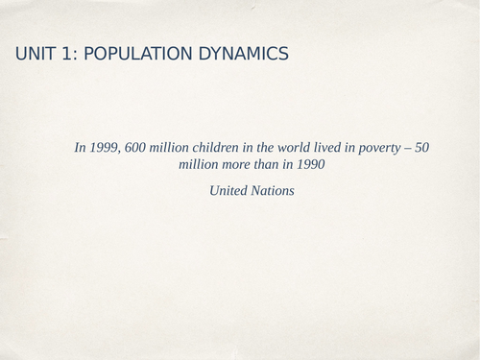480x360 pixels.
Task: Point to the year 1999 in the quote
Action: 104,148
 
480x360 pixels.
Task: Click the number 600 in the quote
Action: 136,148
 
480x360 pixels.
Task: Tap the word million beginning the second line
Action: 200,164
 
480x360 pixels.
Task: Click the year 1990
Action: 310,164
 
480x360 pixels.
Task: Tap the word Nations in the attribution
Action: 274,191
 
